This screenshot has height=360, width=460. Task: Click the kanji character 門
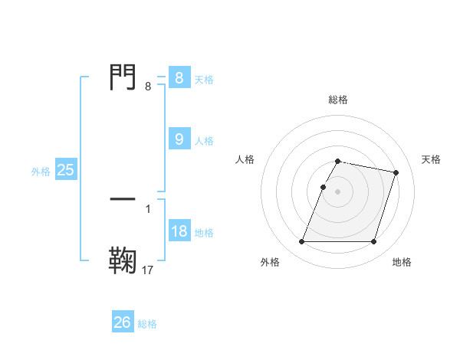click(x=123, y=77)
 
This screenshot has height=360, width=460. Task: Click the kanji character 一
click(x=123, y=198)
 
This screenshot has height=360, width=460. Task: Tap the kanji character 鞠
click(x=123, y=259)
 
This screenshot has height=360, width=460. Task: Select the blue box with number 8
click(x=179, y=77)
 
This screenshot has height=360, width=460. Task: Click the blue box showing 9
click(x=179, y=139)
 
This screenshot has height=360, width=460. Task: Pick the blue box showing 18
click(x=179, y=231)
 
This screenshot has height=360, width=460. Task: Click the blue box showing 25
click(x=65, y=170)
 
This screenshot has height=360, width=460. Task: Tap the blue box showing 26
click(x=123, y=322)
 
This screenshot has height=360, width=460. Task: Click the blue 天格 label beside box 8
click(x=204, y=79)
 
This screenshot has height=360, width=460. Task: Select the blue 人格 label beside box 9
click(x=204, y=141)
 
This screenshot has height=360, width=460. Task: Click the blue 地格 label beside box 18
click(x=204, y=233)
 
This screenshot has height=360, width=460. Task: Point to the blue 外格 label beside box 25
click(x=41, y=172)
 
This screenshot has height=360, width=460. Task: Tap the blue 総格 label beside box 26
click(x=147, y=325)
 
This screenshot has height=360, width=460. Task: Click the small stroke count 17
click(x=148, y=270)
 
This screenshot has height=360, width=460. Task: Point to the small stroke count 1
click(x=148, y=208)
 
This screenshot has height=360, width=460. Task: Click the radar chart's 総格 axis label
click(x=338, y=100)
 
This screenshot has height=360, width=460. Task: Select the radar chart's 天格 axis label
click(x=431, y=159)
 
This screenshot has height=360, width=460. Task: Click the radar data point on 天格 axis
click(x=396, y=172)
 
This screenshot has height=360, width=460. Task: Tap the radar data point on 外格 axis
click(x=302, y=242)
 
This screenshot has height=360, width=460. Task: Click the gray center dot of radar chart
click(x=338, y=191)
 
